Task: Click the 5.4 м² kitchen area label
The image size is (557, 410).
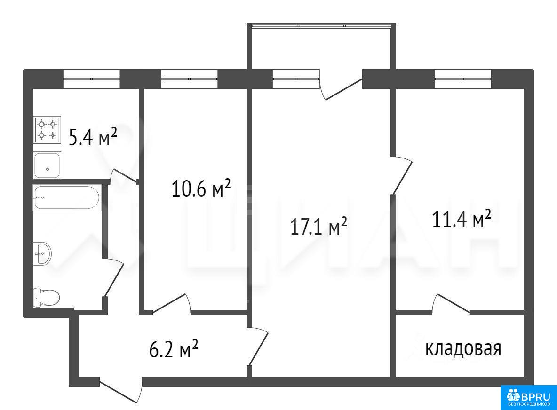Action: pyautogui.click(x=93, y=137)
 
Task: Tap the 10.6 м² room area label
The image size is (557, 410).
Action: pyautogui.click(x=201, y=188)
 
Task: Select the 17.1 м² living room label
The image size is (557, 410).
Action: pyautogui.click(x=318, y=227)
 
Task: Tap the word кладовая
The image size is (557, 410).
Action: pyautogui.click(x=463, y=348)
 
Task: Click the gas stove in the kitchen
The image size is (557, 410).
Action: pyautogui.click(x=47, y=130)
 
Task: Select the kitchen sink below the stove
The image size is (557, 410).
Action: pyautogui.click(x=47, y=165)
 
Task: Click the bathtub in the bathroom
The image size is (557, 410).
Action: pyautogui.click(x=67, y=197)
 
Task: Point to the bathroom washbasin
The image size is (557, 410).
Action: pyautogui.click(x=42, y=253)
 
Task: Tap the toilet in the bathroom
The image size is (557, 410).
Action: pyautogui.click(x=46, y=298)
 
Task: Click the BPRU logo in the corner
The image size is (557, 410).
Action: pyautogui.click(x=529, y=398)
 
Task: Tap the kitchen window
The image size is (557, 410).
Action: pyautogui.click(x=92, y=79)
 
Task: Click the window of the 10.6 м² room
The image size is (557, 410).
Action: pyautogui.click(x=189, y=79)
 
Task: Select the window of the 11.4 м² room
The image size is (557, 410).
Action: pyautogui.click(x=463, y=79)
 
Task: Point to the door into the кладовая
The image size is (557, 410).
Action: pyautogui.click(x=452, y=304)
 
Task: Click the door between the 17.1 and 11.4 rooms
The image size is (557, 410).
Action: pyautogui.click(x=402, y=175)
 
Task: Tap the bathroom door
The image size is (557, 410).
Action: pyautogui.click(x=113, y=277)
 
